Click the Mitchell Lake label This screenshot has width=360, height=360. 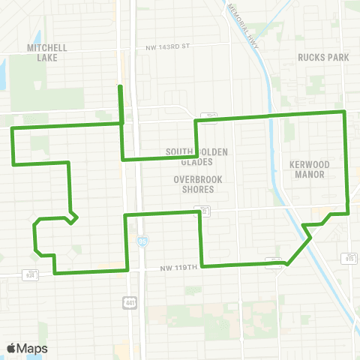[47, 52]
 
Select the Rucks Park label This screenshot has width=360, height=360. [319, 57]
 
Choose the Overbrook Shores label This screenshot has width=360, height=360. [194, 184]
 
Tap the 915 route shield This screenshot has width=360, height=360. [349, 259]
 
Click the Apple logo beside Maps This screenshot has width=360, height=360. [11, 348]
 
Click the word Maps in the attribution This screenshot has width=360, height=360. [32, 348]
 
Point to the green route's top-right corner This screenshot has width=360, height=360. [344, 112]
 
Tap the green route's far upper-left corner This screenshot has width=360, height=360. [11, 128]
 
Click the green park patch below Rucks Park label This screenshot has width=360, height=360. [315, 82]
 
